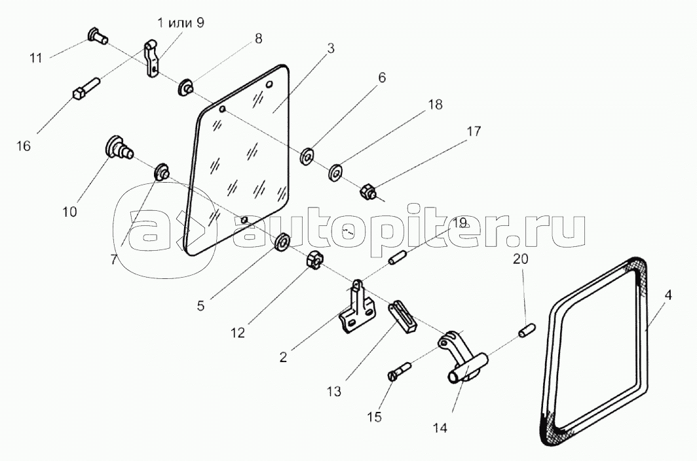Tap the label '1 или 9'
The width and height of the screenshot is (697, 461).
click(x=181, y=23)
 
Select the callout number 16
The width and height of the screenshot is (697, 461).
click(x=24, y=145)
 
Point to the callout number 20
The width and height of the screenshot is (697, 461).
click(x=521, y=259)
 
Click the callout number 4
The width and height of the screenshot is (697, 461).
click(x=668, y=295)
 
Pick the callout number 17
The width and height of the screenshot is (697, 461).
click(x=474, y=131)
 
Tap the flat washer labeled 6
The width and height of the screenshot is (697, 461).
click(x=307, y=156)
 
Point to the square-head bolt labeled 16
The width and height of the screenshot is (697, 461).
click(x=86, y=89)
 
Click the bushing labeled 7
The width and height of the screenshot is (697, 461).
click(x=161, y=172)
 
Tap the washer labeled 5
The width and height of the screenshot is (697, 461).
click(x=282, y=242)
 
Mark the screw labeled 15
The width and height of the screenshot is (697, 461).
click(x=401, y=371)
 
